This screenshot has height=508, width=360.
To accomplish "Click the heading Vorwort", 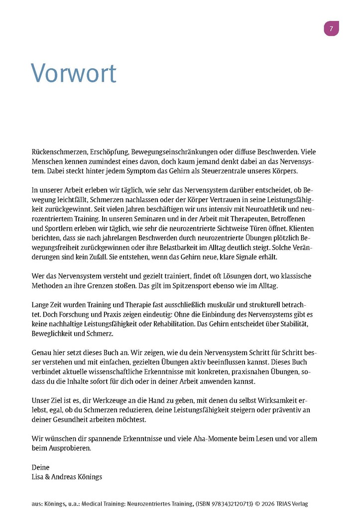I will click(x=74, y=73).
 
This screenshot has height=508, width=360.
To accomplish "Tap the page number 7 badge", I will click(x=331, y=29).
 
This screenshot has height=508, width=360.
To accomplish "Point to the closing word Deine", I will click(x=41, y=467).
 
